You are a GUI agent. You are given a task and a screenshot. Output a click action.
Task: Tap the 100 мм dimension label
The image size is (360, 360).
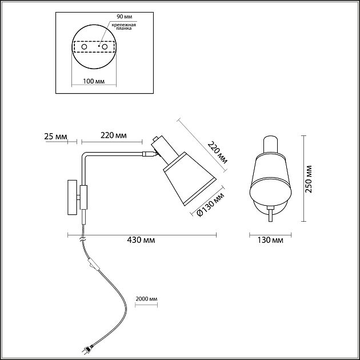coord(93,82)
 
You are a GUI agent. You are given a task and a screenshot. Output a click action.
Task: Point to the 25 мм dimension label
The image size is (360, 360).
coord(55,136)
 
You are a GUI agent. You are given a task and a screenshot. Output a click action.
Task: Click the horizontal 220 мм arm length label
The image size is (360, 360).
coord(113,136)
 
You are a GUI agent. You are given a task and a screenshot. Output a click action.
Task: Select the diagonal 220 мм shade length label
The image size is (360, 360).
coord(216,152)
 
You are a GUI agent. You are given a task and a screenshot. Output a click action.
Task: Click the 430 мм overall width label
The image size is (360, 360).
coord(142,241)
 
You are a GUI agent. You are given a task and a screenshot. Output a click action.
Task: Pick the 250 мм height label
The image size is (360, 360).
coord(309,179)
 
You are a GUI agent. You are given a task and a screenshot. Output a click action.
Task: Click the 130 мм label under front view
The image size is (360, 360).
coord(271,241)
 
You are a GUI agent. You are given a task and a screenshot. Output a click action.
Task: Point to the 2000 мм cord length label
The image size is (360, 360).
coord(146,299)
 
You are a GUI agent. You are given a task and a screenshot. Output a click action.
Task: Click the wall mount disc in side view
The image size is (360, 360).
coord(72,198)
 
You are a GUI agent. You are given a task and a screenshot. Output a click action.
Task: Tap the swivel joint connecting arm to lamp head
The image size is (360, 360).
coord(150,154)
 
